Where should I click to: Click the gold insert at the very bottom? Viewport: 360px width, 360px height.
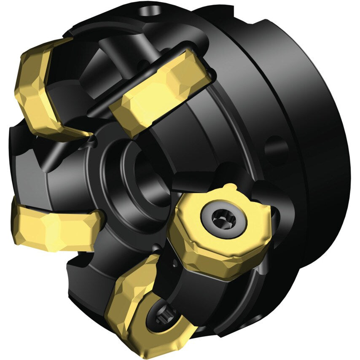pos(145,308)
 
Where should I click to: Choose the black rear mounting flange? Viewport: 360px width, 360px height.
pos(312,126)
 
